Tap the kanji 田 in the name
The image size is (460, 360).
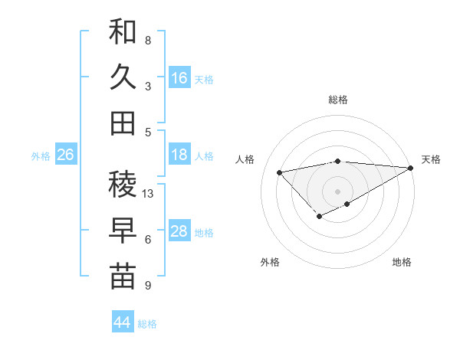coord(123,123)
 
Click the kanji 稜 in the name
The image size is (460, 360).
coord(123,185)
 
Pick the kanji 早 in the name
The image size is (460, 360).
coord(123,231)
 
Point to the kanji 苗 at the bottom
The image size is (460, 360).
coord(123,277)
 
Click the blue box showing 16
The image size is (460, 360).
coord(179,78)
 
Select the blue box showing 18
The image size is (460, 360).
coord(179,155)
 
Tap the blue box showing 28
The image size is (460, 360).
coord(179,231)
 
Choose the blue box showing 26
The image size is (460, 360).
coord(66,155)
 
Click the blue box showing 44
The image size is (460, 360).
coord(123,322)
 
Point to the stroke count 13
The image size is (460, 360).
coord(148,194)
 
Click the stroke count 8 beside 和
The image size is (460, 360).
coord(147,40)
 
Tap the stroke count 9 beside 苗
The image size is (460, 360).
coord(147,286)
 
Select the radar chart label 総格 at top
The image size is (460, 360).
coord(338,100)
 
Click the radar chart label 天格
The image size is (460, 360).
coord(431,159)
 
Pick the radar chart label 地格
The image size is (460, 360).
coord(402,262)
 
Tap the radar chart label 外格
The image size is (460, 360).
coord(270,262)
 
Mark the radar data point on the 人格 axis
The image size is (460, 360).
coord(279,172)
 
